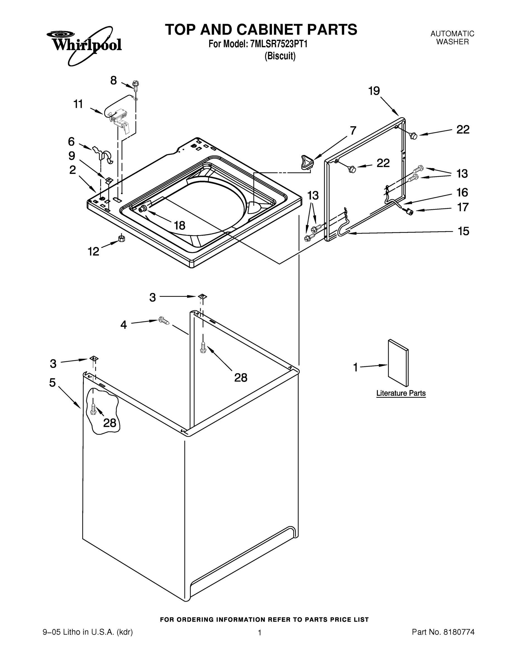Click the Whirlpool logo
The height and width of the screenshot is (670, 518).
87,45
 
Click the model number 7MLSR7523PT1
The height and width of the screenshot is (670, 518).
279,44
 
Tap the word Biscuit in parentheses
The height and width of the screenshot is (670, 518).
280,56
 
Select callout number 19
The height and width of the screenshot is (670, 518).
374,91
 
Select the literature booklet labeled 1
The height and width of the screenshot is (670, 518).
398,363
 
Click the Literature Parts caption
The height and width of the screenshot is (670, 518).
401,393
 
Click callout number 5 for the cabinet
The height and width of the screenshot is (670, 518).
52,382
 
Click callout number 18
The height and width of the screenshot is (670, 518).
180,226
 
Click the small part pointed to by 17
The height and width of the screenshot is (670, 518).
409,211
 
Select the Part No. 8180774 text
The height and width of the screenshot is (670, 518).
443,632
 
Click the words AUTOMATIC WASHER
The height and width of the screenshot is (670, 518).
452,38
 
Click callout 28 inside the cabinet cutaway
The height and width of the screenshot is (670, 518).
109,423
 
